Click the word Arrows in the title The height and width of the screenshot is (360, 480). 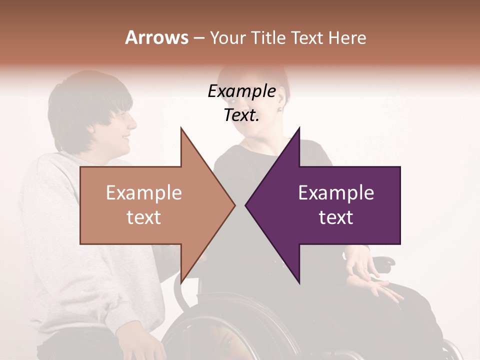click(x=156, y=37)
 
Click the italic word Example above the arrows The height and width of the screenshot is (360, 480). click(x=241, y=91)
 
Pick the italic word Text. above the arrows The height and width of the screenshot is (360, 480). click(x=241, y=115)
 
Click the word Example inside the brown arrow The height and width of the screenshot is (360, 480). click(x=144, y=192)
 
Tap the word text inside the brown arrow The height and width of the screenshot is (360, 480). click(x=144, y=217)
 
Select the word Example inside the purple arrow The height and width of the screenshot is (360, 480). click(x=336, y=192)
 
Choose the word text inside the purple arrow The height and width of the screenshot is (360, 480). click(x=336, y=217)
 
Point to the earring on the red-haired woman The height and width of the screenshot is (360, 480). click(x=280, y=109)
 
